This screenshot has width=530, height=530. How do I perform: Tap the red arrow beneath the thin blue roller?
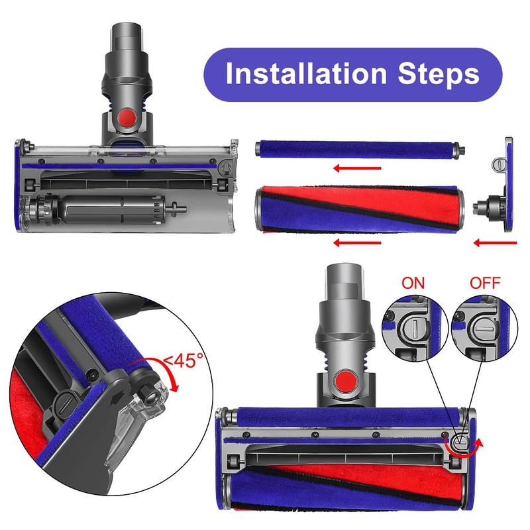[x=358, y=168]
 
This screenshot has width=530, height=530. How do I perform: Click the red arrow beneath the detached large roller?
[x=358, y=243]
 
